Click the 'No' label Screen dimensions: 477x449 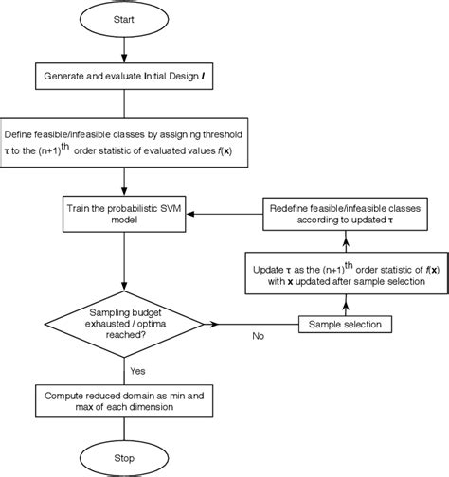[x=258, y=335]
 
